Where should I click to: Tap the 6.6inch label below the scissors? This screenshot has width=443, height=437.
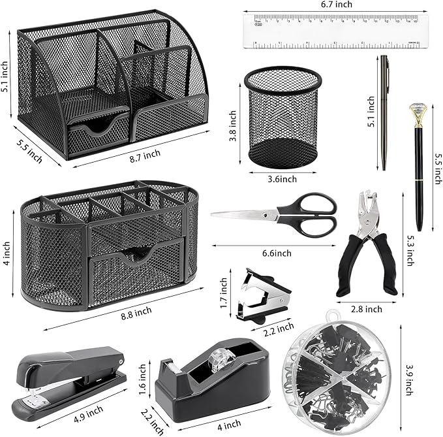click(277, 252)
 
